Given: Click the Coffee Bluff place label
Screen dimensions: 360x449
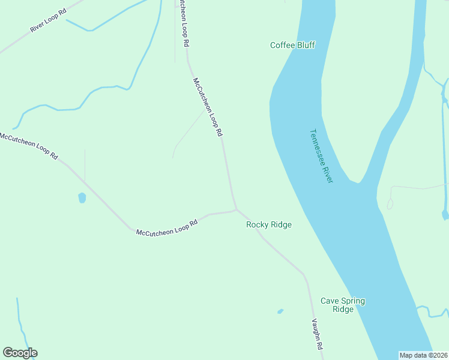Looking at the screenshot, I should [x=292, y=45].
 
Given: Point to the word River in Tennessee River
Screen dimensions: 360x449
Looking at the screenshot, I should [x=328, y=175].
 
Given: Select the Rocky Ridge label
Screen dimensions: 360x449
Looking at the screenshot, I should [x=269, y=224].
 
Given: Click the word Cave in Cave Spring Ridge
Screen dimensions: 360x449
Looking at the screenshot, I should [x=330, y=301].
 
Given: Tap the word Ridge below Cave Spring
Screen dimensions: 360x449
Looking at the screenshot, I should [x=343, y=310].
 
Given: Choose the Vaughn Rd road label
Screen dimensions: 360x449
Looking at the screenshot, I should [x=317, y=335].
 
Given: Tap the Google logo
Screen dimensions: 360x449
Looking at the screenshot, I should [x=20, y=353].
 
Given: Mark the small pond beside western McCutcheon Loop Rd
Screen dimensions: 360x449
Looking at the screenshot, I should [x=82, y=197].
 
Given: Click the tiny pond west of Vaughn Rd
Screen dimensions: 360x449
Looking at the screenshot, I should [x=280, y=311].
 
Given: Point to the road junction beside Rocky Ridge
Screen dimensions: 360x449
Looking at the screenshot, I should [x=236, y=209].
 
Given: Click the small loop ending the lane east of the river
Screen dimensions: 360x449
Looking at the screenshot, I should [x=390, y=204].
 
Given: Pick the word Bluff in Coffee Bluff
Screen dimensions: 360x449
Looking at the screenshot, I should [x=305, y=45].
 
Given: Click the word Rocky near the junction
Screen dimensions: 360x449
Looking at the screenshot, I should [x=258, y=224].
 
